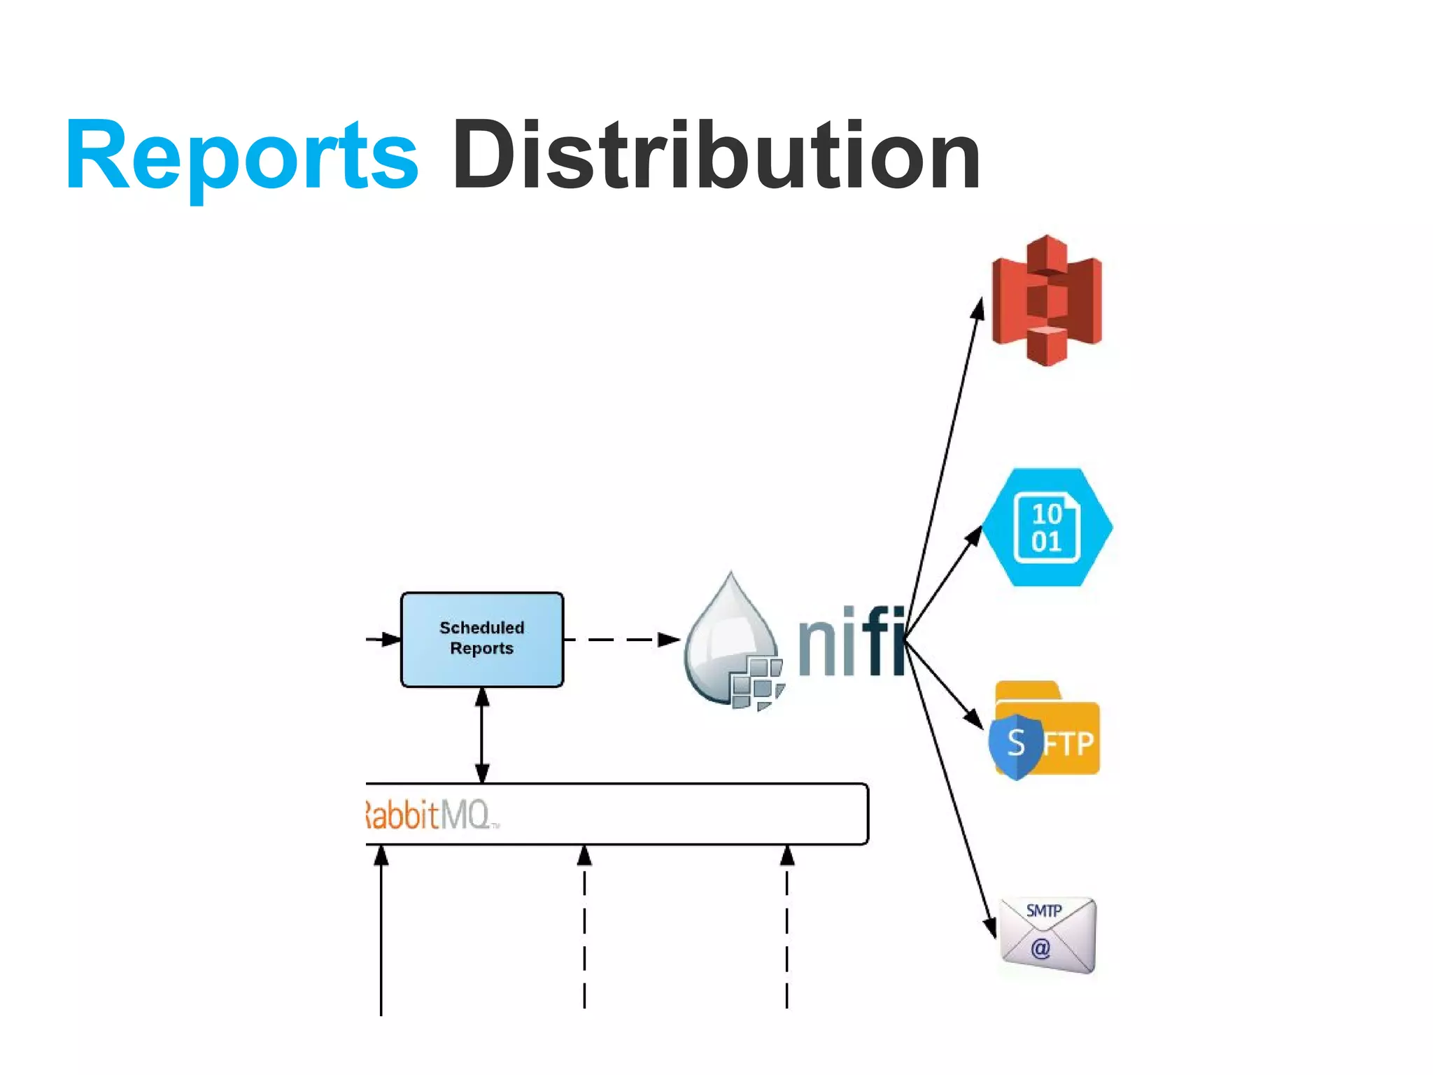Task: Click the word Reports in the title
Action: (241, 155)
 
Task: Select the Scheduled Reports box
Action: (481, 639)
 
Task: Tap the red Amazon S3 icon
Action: (1047, 300)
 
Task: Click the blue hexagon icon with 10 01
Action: (1047, 528)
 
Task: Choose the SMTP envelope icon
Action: (1047, 935)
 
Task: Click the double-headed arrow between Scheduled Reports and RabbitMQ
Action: (482, 735)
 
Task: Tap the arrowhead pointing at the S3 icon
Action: (979, 308)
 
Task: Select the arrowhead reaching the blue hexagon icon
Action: (974, 535)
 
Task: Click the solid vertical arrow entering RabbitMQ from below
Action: (381, 931)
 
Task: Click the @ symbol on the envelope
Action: (1040, 948)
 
